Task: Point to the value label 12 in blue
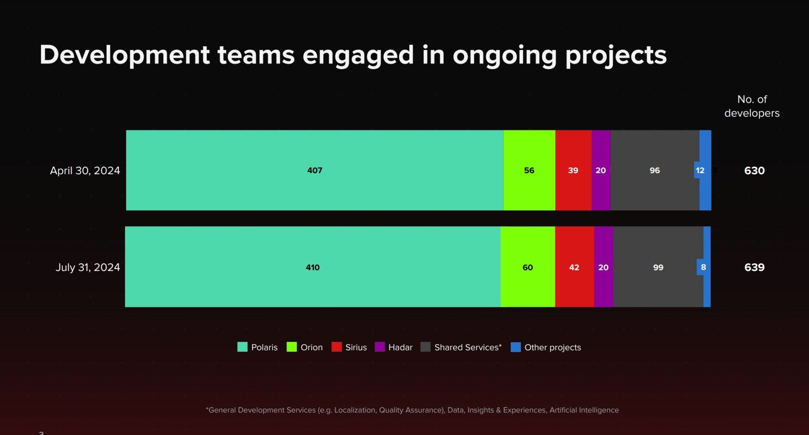tap(700, 170)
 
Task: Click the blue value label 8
tap(703, 267)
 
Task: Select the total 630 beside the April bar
tap(754, 171)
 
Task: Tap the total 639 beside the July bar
tap(754, 267)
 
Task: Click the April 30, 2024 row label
tap(85, 171)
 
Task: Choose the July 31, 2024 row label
tap(88, 267)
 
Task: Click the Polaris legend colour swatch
tap(242, 347)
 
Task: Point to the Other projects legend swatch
tap(515, 347)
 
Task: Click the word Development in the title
tap(125, 55)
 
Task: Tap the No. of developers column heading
tap(752, 106)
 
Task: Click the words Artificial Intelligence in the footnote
tap(584, 410)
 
